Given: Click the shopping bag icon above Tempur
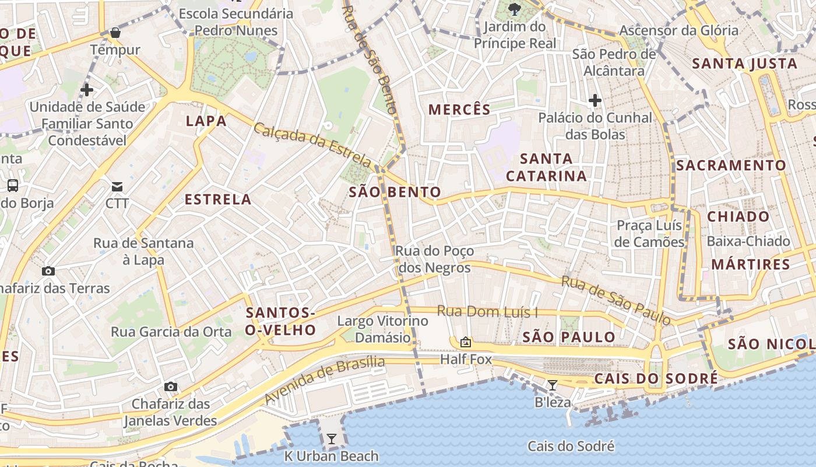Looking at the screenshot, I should [x=115, y=33].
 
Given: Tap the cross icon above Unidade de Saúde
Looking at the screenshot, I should [x=87, y=90].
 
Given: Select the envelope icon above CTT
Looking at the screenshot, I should [x=117, y=187].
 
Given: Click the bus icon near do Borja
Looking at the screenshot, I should [x=12, y=186].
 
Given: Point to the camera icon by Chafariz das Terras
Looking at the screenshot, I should [x=48, y=271].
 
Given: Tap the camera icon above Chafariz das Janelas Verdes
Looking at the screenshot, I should [x=170, y=386].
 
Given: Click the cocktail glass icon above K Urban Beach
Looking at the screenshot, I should [x=332, y=438].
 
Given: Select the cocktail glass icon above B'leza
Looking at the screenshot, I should [x=552, y=385].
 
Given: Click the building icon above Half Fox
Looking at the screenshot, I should [x=465, y=342].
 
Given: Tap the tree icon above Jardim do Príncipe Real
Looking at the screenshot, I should [x=514, y=9].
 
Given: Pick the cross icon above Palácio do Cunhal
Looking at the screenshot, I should [x=595, y=100].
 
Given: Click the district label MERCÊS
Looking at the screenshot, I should [x=459, y=109].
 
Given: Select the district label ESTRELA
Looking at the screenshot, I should [x=218, y=200].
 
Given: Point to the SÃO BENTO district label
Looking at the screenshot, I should [x=395, y=192].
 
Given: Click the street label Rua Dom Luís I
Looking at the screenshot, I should [x=487, y=312].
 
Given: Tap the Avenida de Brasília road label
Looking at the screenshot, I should [x=324, y=380].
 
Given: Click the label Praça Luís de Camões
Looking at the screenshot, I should [x=650, y=233].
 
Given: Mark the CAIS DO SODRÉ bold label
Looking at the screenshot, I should [x=656, y=379].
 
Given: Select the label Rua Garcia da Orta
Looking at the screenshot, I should [x=171, y=332].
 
